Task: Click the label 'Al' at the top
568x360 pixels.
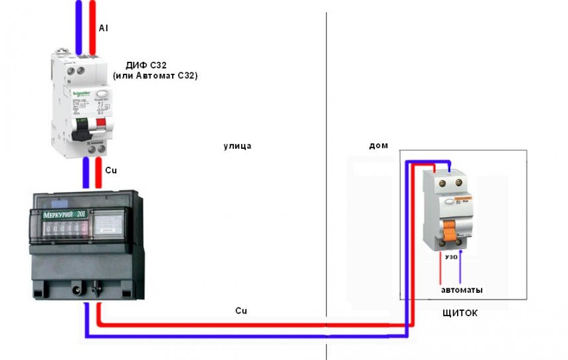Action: coord(103,29)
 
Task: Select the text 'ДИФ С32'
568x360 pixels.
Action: coord(145,65)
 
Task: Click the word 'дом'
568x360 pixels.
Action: coord(378,145)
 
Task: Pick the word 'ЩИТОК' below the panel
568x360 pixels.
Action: coord(460,312)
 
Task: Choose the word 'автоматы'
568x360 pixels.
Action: coord(462,290)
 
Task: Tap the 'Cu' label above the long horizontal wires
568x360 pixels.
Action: coord(241,310)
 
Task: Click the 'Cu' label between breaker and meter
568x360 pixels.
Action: coord(111,170)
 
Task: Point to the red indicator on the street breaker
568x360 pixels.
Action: coord(101,122)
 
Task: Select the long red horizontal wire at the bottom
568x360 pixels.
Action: coord(252,325)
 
